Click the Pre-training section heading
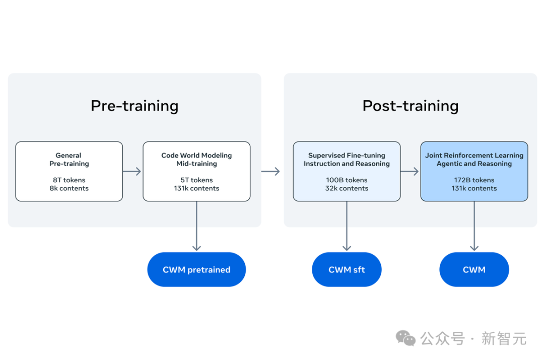[134, 106]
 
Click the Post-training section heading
[411, 106]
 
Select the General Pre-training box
[69, 171]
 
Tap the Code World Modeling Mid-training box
[196, 171]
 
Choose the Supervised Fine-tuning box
[347, 171]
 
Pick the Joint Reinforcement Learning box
[474, 171]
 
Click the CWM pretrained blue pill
[196, 269]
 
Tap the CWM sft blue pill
[347, 269]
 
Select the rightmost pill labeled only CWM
[474, 269]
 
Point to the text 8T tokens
[69, 180]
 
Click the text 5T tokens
[196, 180]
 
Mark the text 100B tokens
[347, 180]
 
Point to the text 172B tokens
[474, 180]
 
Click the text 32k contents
[347, 188]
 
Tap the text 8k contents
[69, 188]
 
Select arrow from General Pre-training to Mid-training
[132, 171]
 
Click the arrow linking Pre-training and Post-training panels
[270, 171]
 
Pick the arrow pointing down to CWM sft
[347, 226]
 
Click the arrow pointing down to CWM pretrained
[197, 226]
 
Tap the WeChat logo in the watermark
[405, 338]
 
